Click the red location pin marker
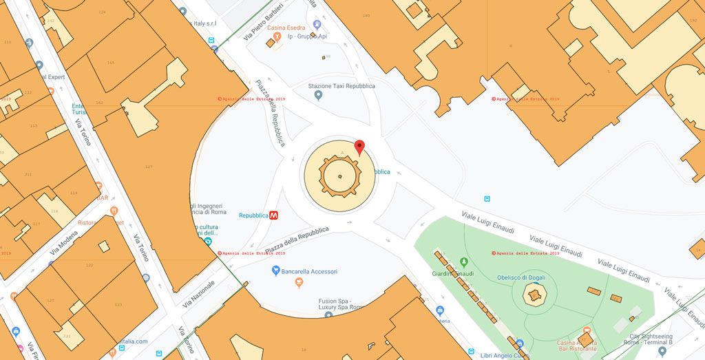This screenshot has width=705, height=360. click(x=359, y=147)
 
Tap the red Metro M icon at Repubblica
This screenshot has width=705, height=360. click(x=274, y=215)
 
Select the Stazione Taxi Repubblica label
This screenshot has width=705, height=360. click(x=341, y=86)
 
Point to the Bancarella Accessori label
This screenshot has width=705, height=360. click(x=310, y=272)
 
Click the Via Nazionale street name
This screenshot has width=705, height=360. click(x=199, y=293)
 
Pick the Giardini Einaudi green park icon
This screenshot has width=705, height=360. click(x=464, y=262)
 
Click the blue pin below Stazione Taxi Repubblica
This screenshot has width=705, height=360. click(x=318, y=96)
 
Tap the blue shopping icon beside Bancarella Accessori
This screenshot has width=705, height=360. click(x=276, y=271)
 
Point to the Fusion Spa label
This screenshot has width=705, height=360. click(x=336, y=304)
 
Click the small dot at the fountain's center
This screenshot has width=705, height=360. click(x=340, y=177)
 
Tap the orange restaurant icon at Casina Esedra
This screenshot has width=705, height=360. click(x=277, y=36)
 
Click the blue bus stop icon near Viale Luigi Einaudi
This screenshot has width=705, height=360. click(x=487, y=199)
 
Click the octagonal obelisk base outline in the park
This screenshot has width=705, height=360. click(x=533, y=295)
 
